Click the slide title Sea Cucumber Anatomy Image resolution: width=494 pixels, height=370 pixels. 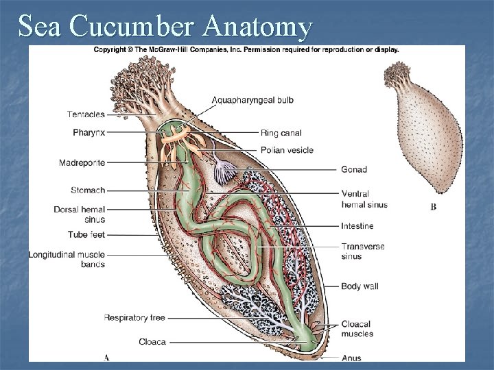tap(165, 27)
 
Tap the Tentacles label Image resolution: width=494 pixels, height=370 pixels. tap(86, 114)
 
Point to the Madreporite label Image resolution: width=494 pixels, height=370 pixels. tap(82, 162)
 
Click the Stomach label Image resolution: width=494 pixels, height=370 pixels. tap(87, 190)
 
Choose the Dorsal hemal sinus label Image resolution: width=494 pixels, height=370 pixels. tap(79, 214)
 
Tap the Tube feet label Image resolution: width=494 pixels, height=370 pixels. tap(86, 234)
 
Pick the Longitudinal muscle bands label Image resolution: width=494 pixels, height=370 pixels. tap(67, 260)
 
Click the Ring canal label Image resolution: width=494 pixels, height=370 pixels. tap(281, 132)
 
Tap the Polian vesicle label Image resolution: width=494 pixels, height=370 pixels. tap(287, 150)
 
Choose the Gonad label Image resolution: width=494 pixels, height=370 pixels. tap(354, 169)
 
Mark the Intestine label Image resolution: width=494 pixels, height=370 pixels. tap(357, 225)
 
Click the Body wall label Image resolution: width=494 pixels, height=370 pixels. tap(360, 286)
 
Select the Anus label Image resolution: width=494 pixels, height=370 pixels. tap(351, 358)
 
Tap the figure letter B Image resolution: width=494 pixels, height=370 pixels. tap(433, 207)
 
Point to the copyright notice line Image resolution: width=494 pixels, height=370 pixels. tap(246, 49)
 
